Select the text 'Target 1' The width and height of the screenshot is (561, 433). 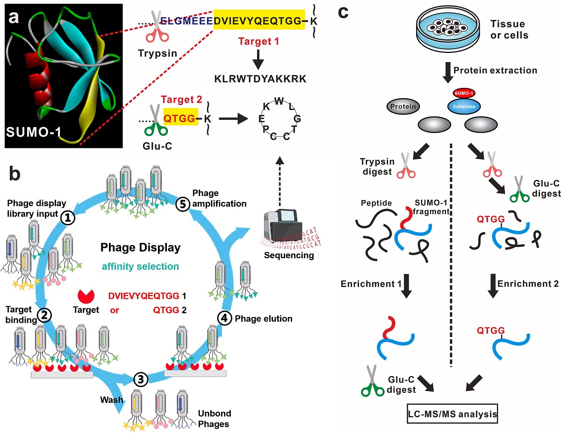pos(259,41)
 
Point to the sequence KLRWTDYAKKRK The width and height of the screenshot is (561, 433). pos(260,79)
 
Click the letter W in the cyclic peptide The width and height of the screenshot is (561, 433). pos(280,101)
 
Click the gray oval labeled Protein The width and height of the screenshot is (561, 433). pos(403,106)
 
